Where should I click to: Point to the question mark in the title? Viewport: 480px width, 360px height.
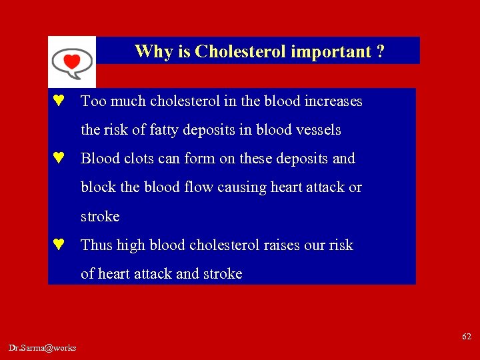point(380,51)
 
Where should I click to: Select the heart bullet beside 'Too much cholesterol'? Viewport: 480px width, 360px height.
point(59,101)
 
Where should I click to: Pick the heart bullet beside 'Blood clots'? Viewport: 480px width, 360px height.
point(59,159)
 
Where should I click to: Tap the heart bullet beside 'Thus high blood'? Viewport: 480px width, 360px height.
point(59,245)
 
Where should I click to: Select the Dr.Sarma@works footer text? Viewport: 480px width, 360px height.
point(43,347)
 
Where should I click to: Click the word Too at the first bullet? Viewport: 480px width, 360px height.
point(93,101)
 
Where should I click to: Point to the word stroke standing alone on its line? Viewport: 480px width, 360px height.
point(100,217)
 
